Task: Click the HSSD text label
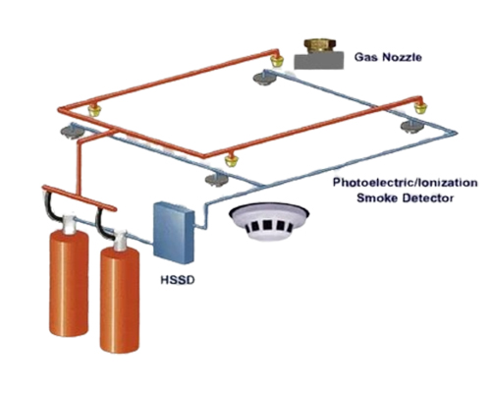coord(178,280)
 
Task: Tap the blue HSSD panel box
coord(174,233)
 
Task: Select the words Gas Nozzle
coord(388,57)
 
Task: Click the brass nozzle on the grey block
coord(318,46)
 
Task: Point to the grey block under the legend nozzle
coord(319,61)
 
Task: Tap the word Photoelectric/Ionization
coord(406,183)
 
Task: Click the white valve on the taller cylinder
coord(68,224)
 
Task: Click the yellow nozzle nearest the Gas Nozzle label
coord(277,60)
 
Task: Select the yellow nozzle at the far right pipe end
coord(420,107)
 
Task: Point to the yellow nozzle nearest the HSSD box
coord(232,160)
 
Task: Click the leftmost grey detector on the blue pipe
coord(72,133)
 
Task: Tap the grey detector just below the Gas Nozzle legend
coord(263,79)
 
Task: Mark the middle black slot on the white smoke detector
coord(267,225)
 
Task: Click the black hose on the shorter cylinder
coord(101,223)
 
